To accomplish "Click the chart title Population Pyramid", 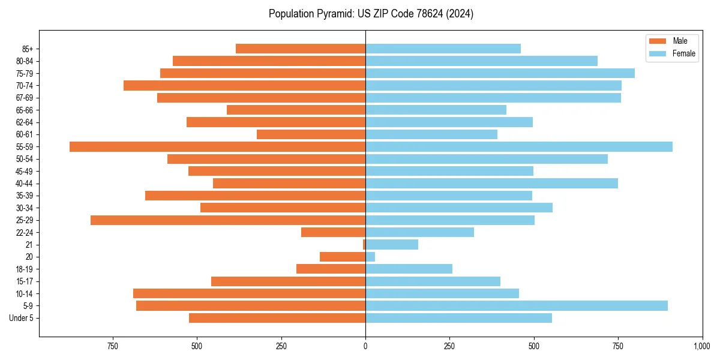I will [371, 14].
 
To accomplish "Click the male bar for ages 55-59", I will [217, 147].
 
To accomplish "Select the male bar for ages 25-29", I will [228, 220].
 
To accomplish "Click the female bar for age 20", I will [370, 257].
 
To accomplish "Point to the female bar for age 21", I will [392, 245].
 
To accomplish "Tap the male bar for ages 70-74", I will [244, 86].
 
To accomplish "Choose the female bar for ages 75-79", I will [500, 73].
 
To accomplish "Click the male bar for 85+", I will [301, 49].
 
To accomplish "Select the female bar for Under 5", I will [458, 318].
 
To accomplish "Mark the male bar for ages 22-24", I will [333, 232].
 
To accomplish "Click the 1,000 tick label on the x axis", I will [702, 346].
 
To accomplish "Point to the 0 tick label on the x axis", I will [365, 346].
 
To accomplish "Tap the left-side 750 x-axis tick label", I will [112, 346].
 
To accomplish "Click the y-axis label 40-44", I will [23, 184].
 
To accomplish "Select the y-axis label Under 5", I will [22, 318].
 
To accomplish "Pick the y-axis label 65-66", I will [23, 110].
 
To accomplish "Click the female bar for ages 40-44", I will [491, 184].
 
